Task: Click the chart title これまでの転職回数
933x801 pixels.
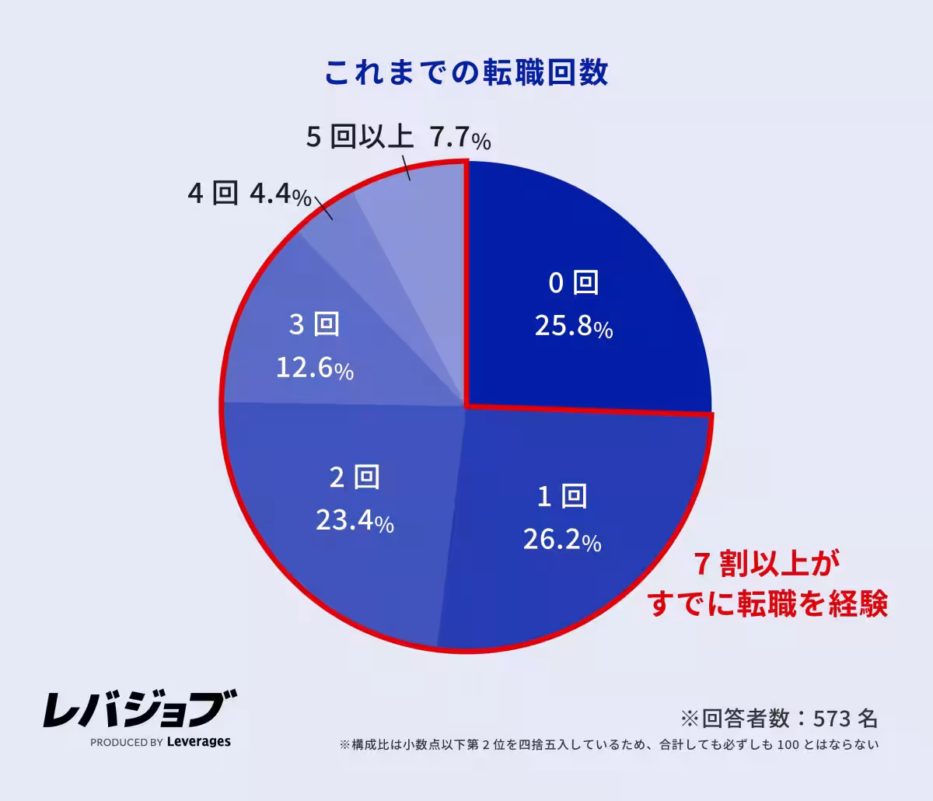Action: coord(466,72)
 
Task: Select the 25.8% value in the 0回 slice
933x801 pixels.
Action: coord(574,327)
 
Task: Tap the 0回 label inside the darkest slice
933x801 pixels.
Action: coord(574,283)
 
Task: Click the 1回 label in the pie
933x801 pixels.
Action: coord(562,495)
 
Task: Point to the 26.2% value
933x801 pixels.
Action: coord(562,540)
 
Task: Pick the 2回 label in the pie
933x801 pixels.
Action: coord(355,477)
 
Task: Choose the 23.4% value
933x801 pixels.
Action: coord(355,521)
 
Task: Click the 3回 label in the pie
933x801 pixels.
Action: coord(315,324)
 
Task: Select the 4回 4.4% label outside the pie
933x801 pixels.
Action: coord(250,194)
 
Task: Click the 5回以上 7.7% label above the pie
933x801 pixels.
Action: coord(398,138)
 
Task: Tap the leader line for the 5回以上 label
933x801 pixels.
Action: coord(406,167)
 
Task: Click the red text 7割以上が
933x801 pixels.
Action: coord(767,565)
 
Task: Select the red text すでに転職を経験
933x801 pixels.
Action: coord(767,604)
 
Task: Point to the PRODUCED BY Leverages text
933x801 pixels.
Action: coord(160,742)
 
